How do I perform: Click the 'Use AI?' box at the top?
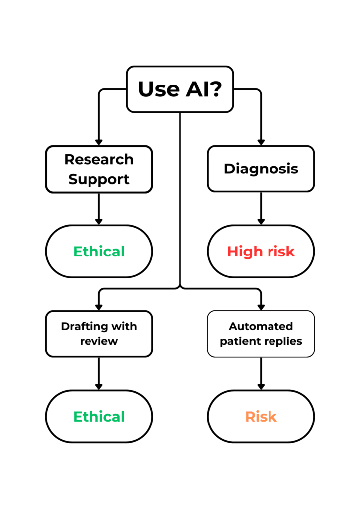coord(180,89)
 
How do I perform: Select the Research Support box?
coord(99,169)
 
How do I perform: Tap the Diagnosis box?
coord(261,169)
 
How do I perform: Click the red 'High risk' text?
coord(261,252)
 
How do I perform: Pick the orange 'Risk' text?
coord(261,417)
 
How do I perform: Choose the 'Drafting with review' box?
coord(99,334)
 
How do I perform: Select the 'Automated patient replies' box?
coord(261,334)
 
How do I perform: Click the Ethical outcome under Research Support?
coord(99,252)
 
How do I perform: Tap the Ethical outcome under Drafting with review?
coord(99,417)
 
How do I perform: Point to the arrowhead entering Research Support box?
coord(99,142)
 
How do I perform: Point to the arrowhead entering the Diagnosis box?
coord(261,142)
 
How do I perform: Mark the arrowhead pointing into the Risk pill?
coord(261,386)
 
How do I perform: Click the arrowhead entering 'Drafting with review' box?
coord(99,307)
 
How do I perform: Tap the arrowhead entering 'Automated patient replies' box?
coord(261,307)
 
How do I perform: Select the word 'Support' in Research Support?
coord(99,179)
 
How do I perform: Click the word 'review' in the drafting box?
coord(99,342)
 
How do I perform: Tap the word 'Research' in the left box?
coord(99,159)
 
